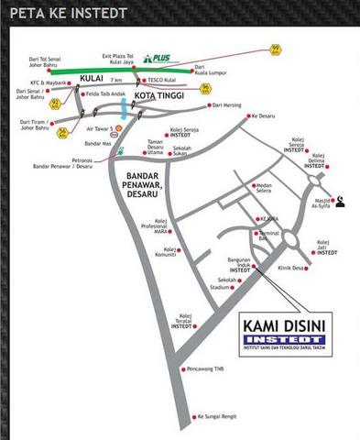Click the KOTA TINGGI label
click(157, 94)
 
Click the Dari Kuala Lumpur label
click(210, 70)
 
